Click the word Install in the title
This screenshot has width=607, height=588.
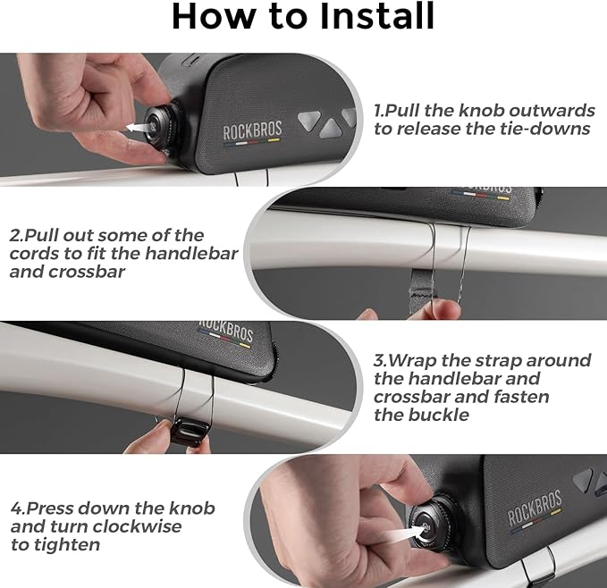(x=377, y=16)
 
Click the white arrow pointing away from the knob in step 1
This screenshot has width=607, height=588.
(x=138, y=127)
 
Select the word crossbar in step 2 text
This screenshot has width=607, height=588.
(x=87, y=272)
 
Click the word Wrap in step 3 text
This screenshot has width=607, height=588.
(x=412, y=360)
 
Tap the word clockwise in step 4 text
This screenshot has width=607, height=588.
(x=137, y=526)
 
